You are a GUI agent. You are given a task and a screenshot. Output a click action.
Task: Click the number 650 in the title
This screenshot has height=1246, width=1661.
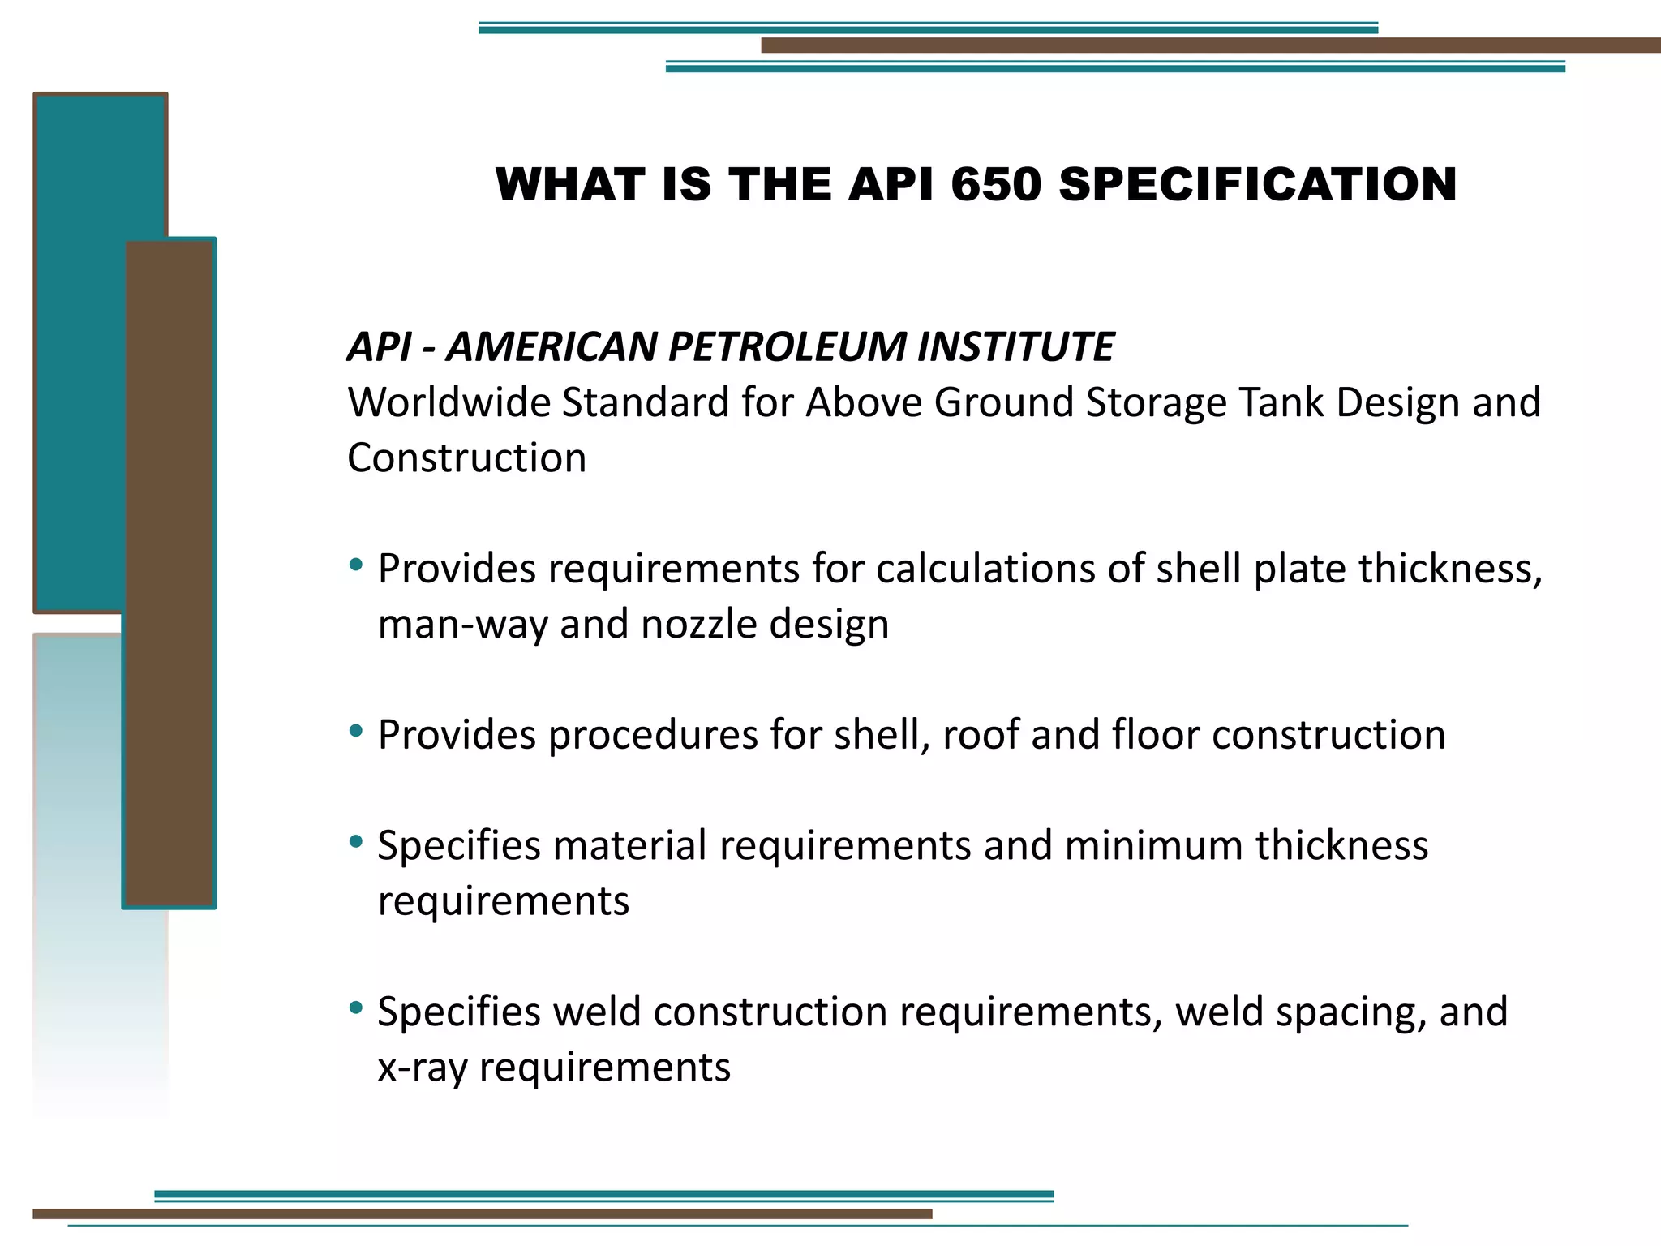(x=995, y=184)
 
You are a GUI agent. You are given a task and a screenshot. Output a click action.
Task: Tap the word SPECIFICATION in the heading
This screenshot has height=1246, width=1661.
(x=1258, y=184)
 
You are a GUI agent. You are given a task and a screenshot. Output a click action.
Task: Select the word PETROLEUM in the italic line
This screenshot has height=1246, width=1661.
(x=786, y=347)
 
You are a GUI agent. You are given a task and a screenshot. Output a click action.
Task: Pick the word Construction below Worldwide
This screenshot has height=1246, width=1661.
(x=466, y=458)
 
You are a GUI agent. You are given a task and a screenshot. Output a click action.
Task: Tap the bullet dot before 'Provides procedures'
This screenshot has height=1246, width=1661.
(x=355, y=731)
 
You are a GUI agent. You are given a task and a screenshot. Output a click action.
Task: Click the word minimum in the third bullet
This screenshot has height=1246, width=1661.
(x=1153, y=845)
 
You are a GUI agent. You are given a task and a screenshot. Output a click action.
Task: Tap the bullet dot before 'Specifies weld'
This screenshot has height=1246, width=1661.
(x=355, y=1008)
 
